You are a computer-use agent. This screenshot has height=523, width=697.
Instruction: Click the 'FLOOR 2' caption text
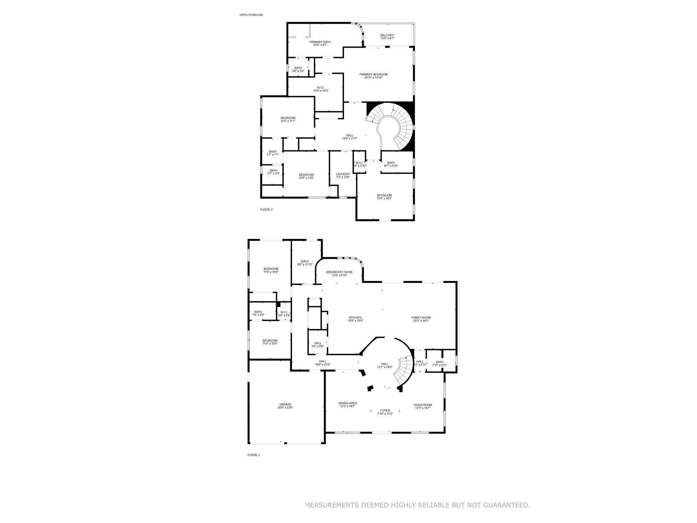click(x=266, y=209)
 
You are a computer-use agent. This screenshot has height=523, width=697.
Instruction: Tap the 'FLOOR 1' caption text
click(x=254, y=455)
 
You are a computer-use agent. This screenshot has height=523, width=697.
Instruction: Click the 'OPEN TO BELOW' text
click(x=251, y=15)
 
